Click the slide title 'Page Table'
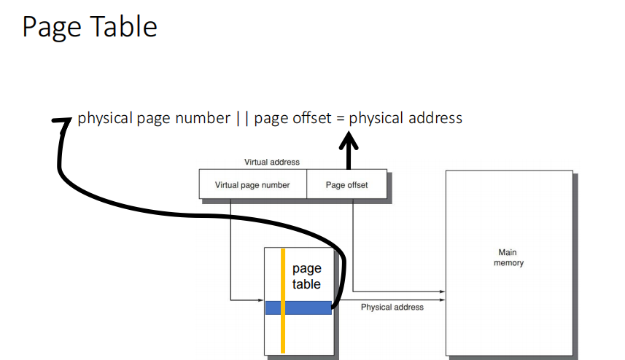pos(89,27)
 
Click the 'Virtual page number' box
pos(252,185)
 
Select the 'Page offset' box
pos(347,185)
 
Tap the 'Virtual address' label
pos(271,163)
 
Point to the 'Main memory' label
pos(508,257)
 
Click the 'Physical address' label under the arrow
pos(392,308)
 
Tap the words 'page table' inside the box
pos(306,277)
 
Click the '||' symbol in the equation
pos(242,118)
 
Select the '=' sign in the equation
pos(340,118)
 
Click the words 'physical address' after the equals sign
pos(405,118)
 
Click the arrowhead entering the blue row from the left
pos(260,300)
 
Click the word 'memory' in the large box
pos(508,262)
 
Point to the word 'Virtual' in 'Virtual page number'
pos(228,185)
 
